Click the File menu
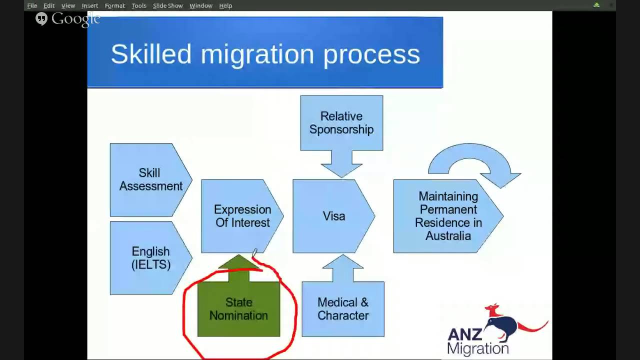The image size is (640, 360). [32, 5]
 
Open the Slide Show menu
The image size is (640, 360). [167, 5]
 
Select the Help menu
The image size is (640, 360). [225, 5]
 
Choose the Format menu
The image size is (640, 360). [114, 5]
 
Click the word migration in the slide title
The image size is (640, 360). [257, 54]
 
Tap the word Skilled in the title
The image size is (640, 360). [151, 54]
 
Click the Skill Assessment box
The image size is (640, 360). [150, 179]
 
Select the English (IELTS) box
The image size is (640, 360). [150, 258]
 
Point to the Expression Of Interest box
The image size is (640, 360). [242, 216]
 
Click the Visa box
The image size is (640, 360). [333, 216]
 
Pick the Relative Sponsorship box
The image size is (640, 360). [341, 123]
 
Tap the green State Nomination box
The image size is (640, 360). [239, 308]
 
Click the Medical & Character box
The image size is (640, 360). [343, 308]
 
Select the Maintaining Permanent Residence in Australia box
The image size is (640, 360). [448, 216]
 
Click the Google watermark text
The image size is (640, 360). [75, 19]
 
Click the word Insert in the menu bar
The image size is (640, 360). [90, 5]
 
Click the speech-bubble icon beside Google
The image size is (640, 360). [41, 19]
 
